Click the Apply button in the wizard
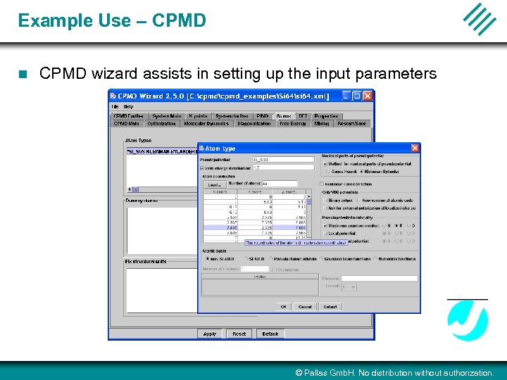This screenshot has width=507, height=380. coord(210,334)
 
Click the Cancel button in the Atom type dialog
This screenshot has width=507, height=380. coord(305,307)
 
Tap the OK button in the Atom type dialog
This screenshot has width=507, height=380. coord(283,307)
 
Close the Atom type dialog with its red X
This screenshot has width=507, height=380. coord(415,148)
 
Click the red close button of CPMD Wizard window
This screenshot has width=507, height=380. coord(368,96)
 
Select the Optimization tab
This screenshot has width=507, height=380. coord(161,123)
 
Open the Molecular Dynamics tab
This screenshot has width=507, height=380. coord(206,123)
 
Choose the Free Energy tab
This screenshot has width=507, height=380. coord(294,123)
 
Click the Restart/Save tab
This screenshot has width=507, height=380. coord(351,123)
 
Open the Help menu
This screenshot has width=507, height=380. coord(129,107)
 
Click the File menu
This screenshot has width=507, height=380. coord(115,107)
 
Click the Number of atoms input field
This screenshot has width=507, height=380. coord(278,184)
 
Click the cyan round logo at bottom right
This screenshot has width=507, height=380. coord(468,321)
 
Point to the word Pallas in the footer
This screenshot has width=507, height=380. coord(318,373)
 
